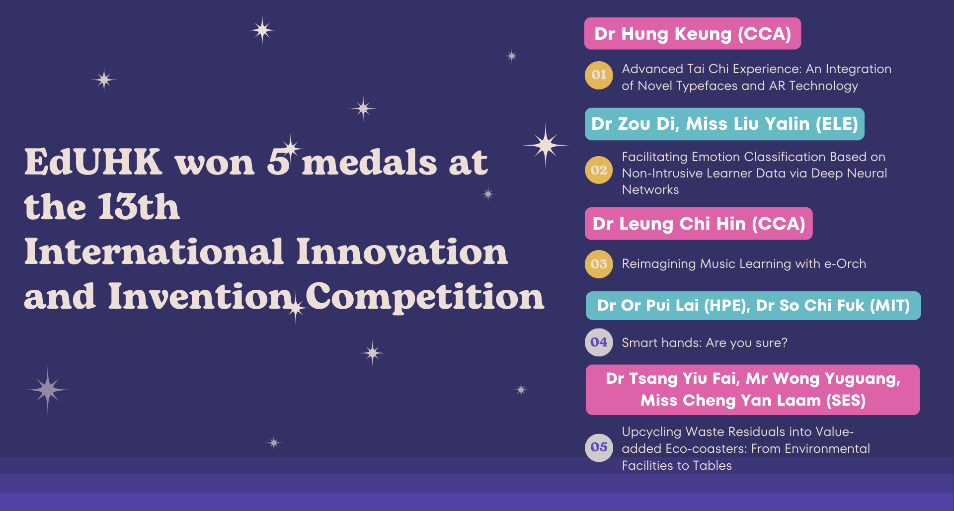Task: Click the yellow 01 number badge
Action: [x=599, y=75]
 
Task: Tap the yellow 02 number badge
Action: [x=599, y=170]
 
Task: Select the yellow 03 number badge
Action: [x=599, y=264]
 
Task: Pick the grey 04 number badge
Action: [x=599, y=342]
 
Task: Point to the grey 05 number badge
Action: [x=599, y=447]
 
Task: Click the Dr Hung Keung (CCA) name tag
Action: [x=693, y=33]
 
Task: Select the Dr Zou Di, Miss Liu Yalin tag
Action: [x=724, y=124]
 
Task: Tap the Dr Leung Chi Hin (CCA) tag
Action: [x=699, y=224]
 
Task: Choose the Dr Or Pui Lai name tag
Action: [x=753, y=306]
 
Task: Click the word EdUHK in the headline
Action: [x=93, y=162]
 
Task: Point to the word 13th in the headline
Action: [x=139, y=206]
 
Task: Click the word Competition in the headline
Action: [x=425, y=297]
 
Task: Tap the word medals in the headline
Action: [x=369, y=162]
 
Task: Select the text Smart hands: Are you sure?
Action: [x=705, y=343]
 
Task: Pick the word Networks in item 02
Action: [x=650, y=190]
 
